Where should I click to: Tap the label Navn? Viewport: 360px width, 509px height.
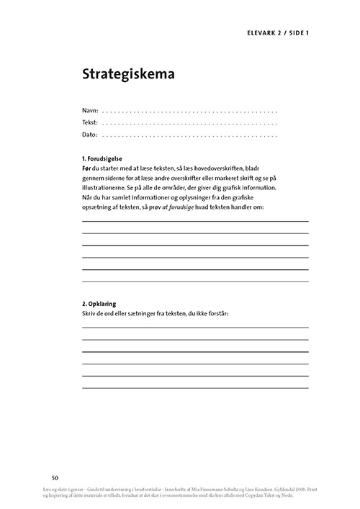pyautogui.click(x=89, y=112)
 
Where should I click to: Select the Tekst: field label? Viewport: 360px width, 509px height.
pyautogui.click(x=90, y=123)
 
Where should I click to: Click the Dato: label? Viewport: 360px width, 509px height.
pyautogui.click(x=89, y=135)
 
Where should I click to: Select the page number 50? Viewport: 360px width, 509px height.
pyautogui.click(x=55, y=477)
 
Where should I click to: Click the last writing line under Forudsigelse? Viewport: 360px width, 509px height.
pyautogui.click(x=195, y=281)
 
